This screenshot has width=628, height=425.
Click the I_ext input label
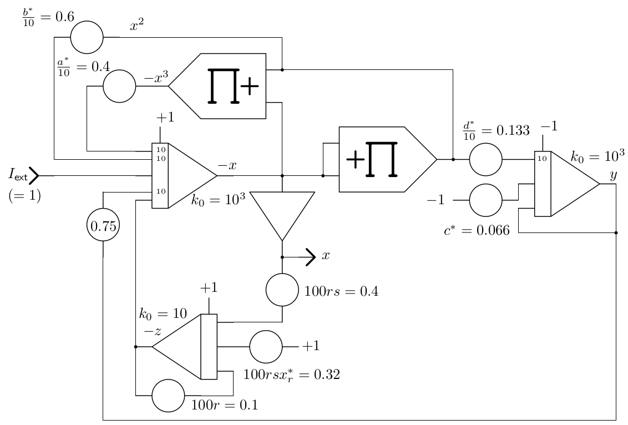point(18,175)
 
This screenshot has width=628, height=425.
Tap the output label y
point(613,175)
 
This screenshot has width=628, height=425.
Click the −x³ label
point(156,77)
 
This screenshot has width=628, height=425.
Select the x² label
point(136,25)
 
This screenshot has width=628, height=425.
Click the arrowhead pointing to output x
point(311,257)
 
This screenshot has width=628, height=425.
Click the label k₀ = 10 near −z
point(163,313)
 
